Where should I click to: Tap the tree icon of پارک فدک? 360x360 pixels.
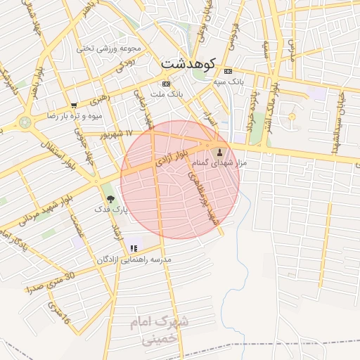pos(108,199)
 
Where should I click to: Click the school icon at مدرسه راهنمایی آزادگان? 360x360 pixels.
pos(134,248)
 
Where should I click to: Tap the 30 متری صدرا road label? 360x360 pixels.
pos(50,282)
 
